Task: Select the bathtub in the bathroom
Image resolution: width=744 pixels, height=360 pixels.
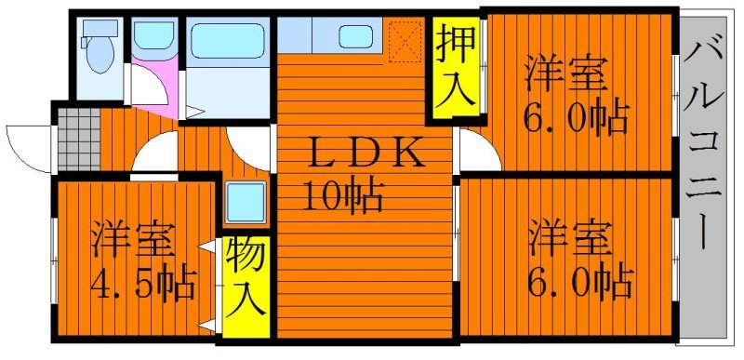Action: [x=227, y=42]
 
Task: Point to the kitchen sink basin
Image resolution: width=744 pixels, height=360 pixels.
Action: [x=355, y=36]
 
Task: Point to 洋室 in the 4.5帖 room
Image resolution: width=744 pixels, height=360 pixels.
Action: [x=133, y=240]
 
